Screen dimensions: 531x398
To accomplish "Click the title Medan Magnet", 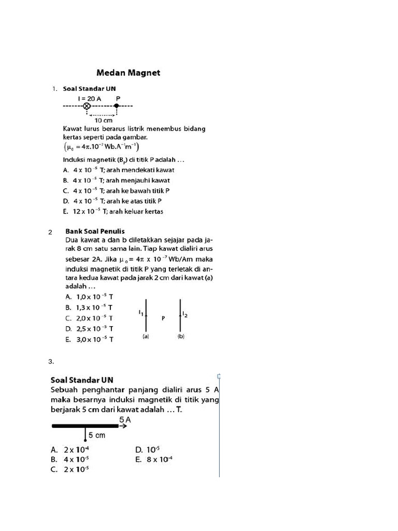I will tap(129, 73).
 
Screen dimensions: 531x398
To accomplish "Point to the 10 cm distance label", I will tap(104, 120).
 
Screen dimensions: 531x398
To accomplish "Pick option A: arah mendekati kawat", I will tap(118, 170).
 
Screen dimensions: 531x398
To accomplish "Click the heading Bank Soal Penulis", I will tap(95, 231).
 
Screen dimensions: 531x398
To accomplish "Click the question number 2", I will tap(50, 232).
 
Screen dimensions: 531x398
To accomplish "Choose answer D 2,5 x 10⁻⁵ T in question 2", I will tap(89, 329).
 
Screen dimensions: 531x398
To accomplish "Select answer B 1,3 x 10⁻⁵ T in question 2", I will tap(89, 307).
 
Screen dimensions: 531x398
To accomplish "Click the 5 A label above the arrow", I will tap(124, 419).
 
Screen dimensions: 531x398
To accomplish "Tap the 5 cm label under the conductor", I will tap(97, 436).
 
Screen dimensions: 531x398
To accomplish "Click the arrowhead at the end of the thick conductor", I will tap(124, 427).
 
